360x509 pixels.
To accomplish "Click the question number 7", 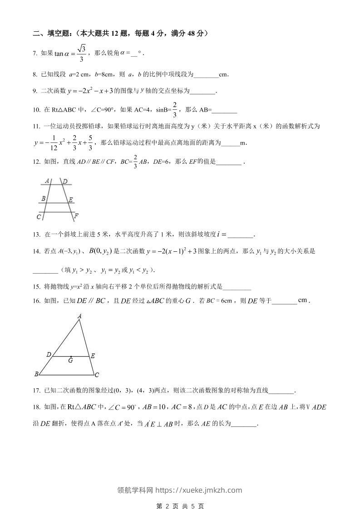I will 35,54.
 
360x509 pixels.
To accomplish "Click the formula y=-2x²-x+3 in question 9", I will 85,91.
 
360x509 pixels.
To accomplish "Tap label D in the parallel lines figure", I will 65,182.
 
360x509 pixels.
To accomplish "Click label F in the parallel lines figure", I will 76,215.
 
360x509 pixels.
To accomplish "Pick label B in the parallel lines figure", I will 43,199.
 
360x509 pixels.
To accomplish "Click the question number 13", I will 36,235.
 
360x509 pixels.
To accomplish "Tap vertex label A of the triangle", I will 79,316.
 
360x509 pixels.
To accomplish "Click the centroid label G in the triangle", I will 70,361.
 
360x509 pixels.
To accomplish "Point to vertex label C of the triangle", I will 97,375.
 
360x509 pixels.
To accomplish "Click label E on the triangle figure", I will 93,356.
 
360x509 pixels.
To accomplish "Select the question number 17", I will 36,390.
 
